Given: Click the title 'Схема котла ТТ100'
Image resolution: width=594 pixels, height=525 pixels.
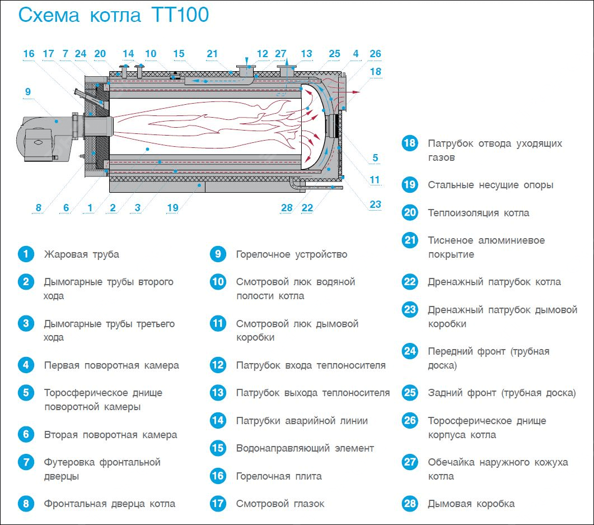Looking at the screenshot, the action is point(114,15).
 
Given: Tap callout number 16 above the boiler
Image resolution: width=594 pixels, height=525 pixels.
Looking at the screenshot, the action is point(29,54).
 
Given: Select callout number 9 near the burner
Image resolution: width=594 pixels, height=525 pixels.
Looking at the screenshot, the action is point(27,92).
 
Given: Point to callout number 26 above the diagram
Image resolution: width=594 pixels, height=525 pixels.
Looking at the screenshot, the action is point(375,54).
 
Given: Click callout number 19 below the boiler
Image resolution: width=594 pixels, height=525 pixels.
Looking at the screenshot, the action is point(173,208).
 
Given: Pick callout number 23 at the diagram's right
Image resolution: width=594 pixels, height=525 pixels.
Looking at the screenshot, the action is point(375,205).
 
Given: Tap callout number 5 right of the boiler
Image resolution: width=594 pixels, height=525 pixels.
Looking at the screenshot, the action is point(375,157).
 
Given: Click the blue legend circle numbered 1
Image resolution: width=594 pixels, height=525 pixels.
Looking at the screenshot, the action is point(26,254).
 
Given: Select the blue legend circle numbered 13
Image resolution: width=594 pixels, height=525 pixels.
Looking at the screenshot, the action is point(218,393).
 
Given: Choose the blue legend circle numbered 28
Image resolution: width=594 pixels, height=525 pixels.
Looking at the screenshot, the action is point(410,503).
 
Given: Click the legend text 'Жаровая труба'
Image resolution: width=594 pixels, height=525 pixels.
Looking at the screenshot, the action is point(81,254).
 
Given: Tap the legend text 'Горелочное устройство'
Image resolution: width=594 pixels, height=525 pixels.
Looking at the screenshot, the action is point(292,254).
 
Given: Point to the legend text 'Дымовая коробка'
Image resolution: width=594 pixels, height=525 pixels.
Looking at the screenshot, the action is point(471,504).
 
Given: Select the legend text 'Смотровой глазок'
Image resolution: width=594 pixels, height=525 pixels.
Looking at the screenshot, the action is point(280,504).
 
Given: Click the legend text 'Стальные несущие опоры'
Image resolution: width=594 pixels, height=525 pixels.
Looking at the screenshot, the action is point(490,185).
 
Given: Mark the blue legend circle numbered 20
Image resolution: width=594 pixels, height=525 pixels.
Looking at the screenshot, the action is point(410,212).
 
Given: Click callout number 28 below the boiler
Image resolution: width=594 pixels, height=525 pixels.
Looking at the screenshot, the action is point(287,208).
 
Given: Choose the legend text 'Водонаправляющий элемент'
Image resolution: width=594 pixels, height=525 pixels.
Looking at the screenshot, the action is point(305,448).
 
